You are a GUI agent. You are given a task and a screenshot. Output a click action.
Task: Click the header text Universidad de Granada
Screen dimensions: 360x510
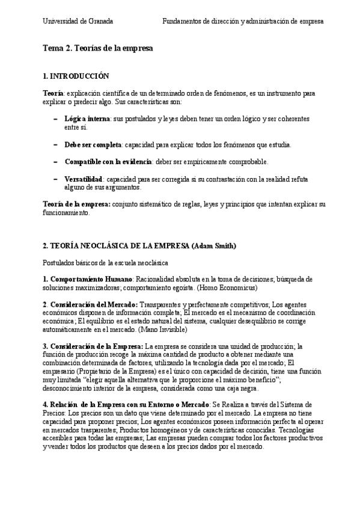tap(78, 21)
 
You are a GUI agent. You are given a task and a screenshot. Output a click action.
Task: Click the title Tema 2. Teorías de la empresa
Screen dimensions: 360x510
tap(98, 48)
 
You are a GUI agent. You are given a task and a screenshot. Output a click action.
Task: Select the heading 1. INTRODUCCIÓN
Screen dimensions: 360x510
tap(76, 76)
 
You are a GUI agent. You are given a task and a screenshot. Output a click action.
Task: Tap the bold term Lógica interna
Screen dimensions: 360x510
tap(87, 119)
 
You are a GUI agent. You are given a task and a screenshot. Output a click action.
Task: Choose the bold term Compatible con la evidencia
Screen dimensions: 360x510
tap(108, 162)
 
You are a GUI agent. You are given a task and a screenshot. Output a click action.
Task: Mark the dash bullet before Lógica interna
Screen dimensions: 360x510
tap(55, 119)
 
